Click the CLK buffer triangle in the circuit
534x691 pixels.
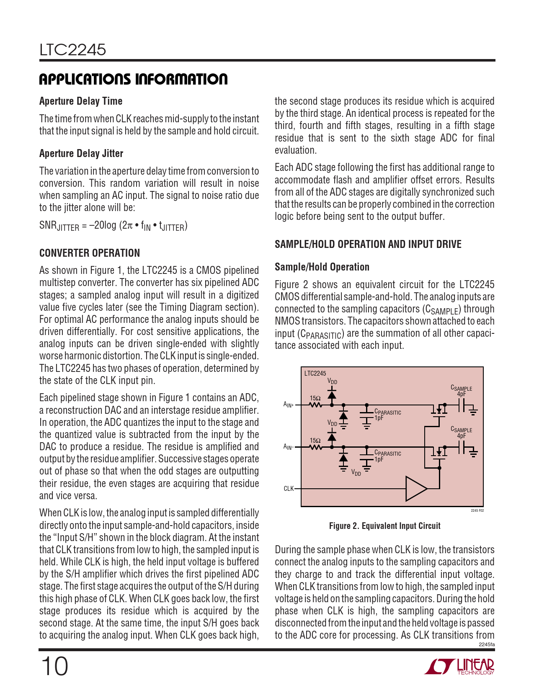click(415, 488)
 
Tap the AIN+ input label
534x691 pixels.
click(289, 405)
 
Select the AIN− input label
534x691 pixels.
click(289, 447)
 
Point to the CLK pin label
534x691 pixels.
click(289, 489)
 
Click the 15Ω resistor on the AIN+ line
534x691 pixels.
click(315, 405)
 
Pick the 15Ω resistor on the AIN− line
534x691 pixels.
click(315, 447)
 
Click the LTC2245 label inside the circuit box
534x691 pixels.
click(315, 373)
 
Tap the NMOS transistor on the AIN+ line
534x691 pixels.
click(439, 409)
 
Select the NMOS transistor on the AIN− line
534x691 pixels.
click(439, 451)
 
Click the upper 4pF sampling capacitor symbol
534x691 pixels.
click(462, 405)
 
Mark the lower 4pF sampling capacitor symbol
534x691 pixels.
click(462, 447)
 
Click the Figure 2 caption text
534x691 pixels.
click(384, 526)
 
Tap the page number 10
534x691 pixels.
click(54, 666)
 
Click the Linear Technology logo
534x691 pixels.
click(459, 666)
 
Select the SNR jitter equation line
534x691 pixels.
click(113, 226)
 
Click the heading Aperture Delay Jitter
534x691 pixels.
click(81, 154)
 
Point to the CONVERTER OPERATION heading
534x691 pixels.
click(90, 253)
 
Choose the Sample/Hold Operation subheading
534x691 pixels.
click(322, 267)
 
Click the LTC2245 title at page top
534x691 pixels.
click(73, 50)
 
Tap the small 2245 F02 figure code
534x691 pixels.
click(477, 511)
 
